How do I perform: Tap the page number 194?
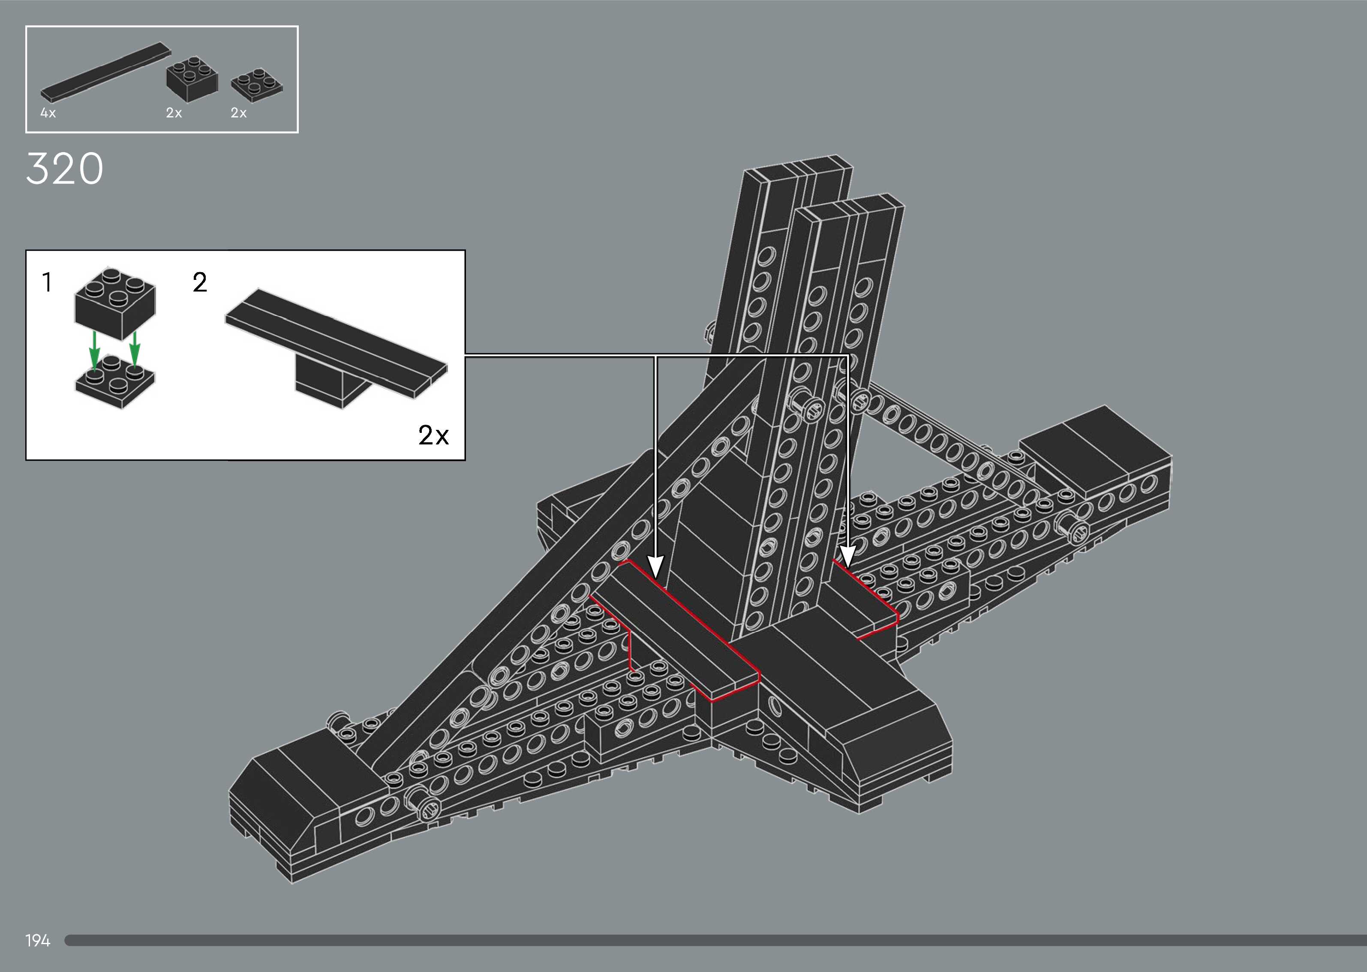point(38,940)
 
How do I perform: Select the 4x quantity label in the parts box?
point(48,113)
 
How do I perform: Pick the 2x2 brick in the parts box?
point(192,78)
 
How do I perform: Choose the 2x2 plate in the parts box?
point(257,86)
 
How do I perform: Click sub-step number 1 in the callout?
point(47,282)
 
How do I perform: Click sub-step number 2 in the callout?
point(200,282)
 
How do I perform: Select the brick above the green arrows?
point(115,302)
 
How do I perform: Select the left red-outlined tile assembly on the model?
point(682,628)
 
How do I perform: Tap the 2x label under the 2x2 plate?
point(239,113)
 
